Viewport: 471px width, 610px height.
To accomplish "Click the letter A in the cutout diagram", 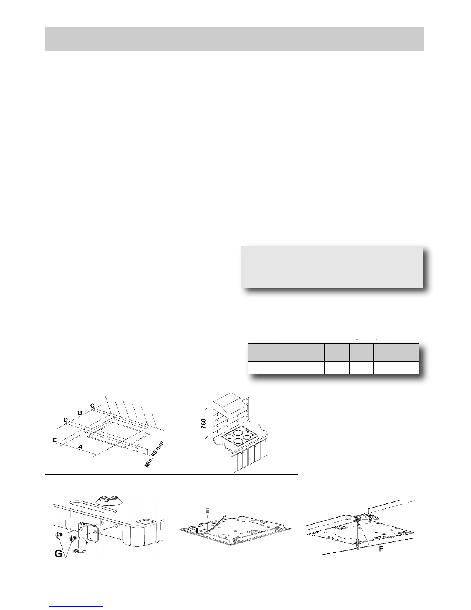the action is click(80, 446).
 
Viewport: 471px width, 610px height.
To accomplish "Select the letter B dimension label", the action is click(80, 413).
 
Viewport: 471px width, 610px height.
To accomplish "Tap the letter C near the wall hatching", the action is click(92, 406).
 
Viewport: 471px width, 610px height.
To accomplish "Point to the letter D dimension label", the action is click(66, 419).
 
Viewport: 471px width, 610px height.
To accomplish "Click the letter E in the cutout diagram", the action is click(55, 440).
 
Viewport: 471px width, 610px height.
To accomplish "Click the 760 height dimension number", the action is click(203, 424).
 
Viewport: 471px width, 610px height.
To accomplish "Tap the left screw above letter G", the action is click(59, 535).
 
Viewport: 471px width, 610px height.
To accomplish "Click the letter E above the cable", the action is click(208, 510).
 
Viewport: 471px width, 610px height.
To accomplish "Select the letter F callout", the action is click(381, 549).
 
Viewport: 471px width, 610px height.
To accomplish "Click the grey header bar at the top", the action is click(235, 39).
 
